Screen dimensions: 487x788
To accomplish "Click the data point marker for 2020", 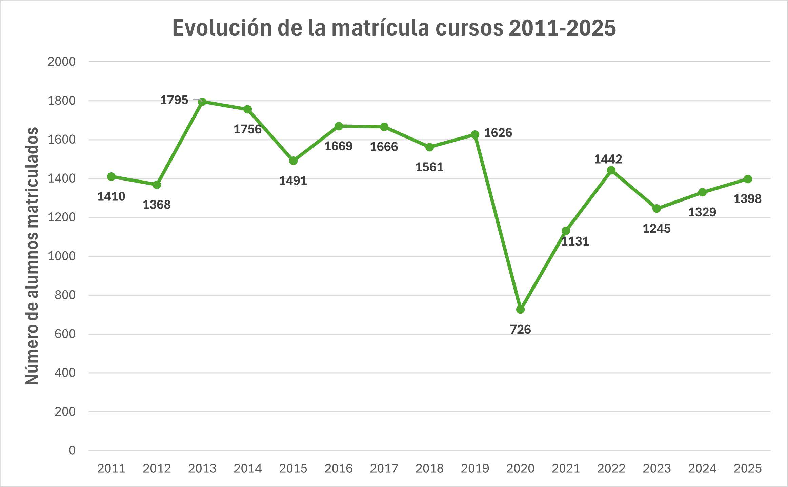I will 520,309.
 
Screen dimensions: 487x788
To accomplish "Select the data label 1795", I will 174,100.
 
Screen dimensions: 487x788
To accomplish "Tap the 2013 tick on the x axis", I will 202,468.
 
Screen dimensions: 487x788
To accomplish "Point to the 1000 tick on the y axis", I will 61,256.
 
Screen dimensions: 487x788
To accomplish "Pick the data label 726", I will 520,329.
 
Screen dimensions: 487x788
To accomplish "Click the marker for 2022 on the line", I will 611,170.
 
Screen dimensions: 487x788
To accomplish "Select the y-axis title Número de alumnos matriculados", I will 32,256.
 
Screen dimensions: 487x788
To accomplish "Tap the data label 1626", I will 498,133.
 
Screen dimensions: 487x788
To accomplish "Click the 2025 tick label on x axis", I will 747,468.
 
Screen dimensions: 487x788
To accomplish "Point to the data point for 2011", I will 111,176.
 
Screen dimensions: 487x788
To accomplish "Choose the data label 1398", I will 747,198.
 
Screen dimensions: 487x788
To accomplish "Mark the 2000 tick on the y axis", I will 61,62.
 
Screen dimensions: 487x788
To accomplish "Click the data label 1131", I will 575,241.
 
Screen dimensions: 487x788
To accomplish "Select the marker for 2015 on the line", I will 293,161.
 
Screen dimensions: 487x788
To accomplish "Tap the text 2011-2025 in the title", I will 562,28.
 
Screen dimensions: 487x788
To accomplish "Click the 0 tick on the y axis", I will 72,450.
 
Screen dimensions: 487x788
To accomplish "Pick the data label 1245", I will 656,229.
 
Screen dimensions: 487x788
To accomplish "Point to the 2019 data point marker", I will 475,134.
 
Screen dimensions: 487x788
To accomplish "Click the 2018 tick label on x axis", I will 429,468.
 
